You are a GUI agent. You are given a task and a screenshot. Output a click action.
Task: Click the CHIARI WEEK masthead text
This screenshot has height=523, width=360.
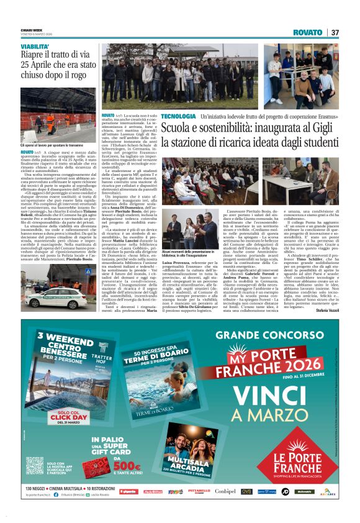(31, 29)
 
